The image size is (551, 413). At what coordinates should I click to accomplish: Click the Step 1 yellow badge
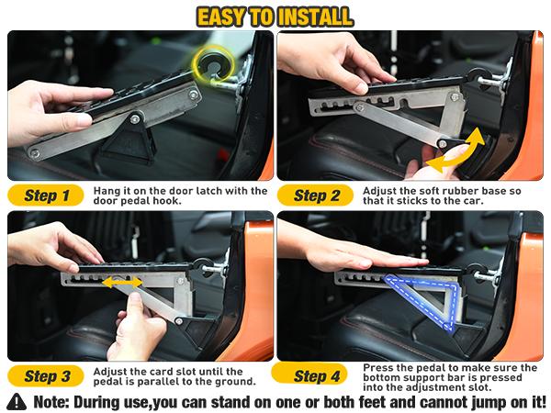point(46,195)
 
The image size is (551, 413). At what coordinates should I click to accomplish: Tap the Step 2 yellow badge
point(317,195)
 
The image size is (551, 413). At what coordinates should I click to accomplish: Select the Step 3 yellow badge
point(46,375)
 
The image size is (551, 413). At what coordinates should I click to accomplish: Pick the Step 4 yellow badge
point(317,375)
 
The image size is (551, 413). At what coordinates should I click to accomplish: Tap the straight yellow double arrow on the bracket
point(120,284)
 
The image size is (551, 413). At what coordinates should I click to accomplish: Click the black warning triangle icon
point(17,401)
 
